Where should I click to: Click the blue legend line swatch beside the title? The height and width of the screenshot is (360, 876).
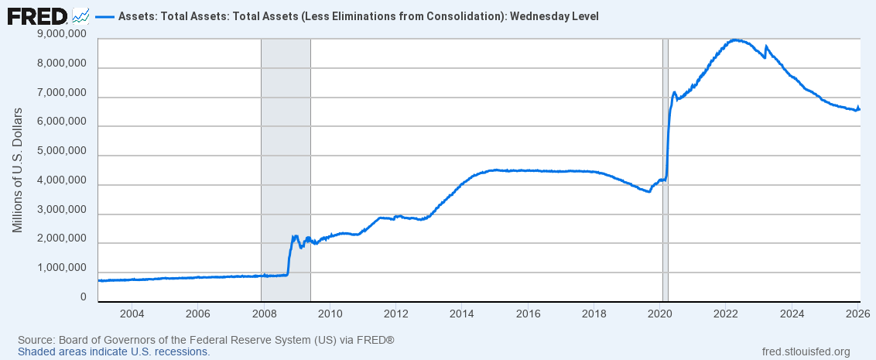point(104,16)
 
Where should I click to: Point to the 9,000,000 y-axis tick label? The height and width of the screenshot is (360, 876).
point(62,34)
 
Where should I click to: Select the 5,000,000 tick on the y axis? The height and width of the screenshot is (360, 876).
point(62,151)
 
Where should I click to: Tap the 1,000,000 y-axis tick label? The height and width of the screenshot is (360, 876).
point(62,268)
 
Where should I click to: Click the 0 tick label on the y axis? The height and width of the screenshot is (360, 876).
point(83,297)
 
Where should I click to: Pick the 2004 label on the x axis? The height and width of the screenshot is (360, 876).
point(132,314)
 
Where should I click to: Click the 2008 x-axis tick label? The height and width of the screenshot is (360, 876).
point(265,314)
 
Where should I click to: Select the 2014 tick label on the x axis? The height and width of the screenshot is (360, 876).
point(462,314)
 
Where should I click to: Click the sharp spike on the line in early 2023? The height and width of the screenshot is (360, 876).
point(766,46)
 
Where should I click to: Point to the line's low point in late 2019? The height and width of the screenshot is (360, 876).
point(648,191)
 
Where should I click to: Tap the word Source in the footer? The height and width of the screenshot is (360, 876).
point(34,340)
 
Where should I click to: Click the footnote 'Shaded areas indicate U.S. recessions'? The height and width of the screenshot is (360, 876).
point(114,351)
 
